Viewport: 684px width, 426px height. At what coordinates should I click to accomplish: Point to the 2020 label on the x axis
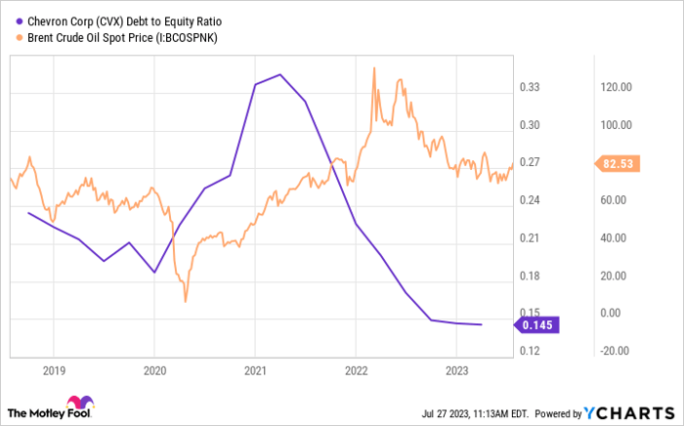coord(153,370)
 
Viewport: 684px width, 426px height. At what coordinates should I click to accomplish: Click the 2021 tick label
coord(254,370)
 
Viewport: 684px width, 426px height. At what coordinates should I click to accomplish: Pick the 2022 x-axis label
coord(356,370)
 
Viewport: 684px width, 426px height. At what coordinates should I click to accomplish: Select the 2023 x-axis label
coord(456,370)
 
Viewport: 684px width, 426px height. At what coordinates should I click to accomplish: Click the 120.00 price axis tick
coord(618,87)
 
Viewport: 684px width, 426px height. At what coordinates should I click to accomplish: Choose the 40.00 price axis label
coord(618,237)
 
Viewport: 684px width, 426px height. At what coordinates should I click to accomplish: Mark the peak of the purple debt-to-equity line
coord(280,74)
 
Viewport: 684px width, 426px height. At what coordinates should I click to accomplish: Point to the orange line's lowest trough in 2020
coord(185,302)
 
